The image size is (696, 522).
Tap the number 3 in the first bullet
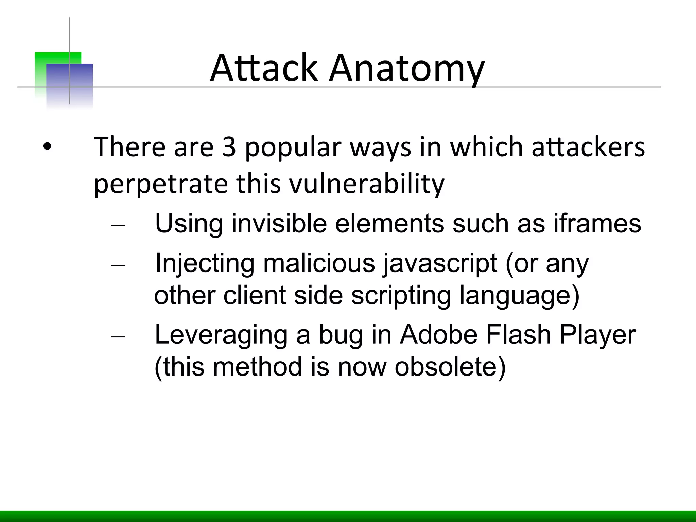click(229, 147)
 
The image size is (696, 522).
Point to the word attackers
click(588, 147)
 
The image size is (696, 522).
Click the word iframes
click(597, 223)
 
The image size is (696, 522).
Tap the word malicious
click(318, 263)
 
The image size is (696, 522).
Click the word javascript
click(440, 264)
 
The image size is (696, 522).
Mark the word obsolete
click(450, 367)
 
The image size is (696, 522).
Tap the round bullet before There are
click(47, 147)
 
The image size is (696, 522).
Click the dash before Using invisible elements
click(118, 225)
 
